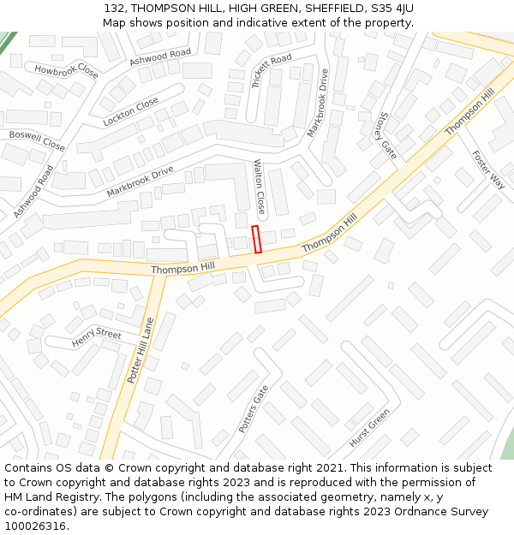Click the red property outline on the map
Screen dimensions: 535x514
[x=256, y=239]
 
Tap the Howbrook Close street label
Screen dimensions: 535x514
[x=66, y=70]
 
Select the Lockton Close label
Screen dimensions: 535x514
[x=130, y=111]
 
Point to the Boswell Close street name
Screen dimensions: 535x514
[x=37, y=140]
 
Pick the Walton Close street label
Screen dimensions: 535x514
[x=260, y=187]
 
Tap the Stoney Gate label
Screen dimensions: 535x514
[x=385, y=135]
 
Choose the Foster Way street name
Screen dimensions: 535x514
[x=488, y=169]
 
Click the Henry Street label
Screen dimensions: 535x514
[x=97, y=336]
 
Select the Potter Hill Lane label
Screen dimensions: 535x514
[x=140, y=349]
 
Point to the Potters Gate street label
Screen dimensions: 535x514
[x=254, y=408]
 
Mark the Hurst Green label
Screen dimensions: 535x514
[x=369, y=428]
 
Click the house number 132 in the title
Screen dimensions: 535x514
[x=116, y=8]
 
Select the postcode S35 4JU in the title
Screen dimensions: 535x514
[x=386, y=8]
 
